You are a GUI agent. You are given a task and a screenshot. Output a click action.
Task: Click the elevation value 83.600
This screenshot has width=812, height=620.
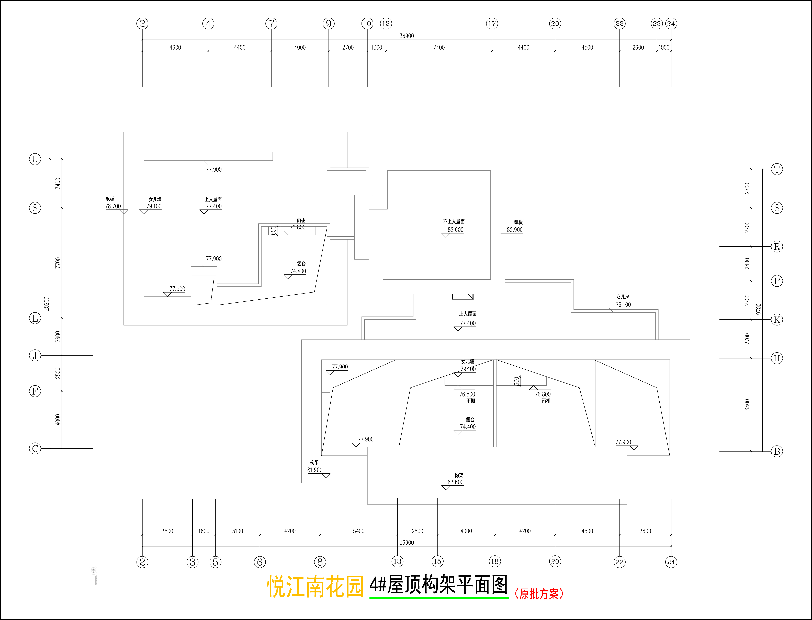455,482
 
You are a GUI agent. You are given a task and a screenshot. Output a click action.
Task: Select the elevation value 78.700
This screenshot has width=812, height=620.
113,206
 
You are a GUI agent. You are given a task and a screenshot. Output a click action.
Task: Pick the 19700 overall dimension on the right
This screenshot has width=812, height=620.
758,310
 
